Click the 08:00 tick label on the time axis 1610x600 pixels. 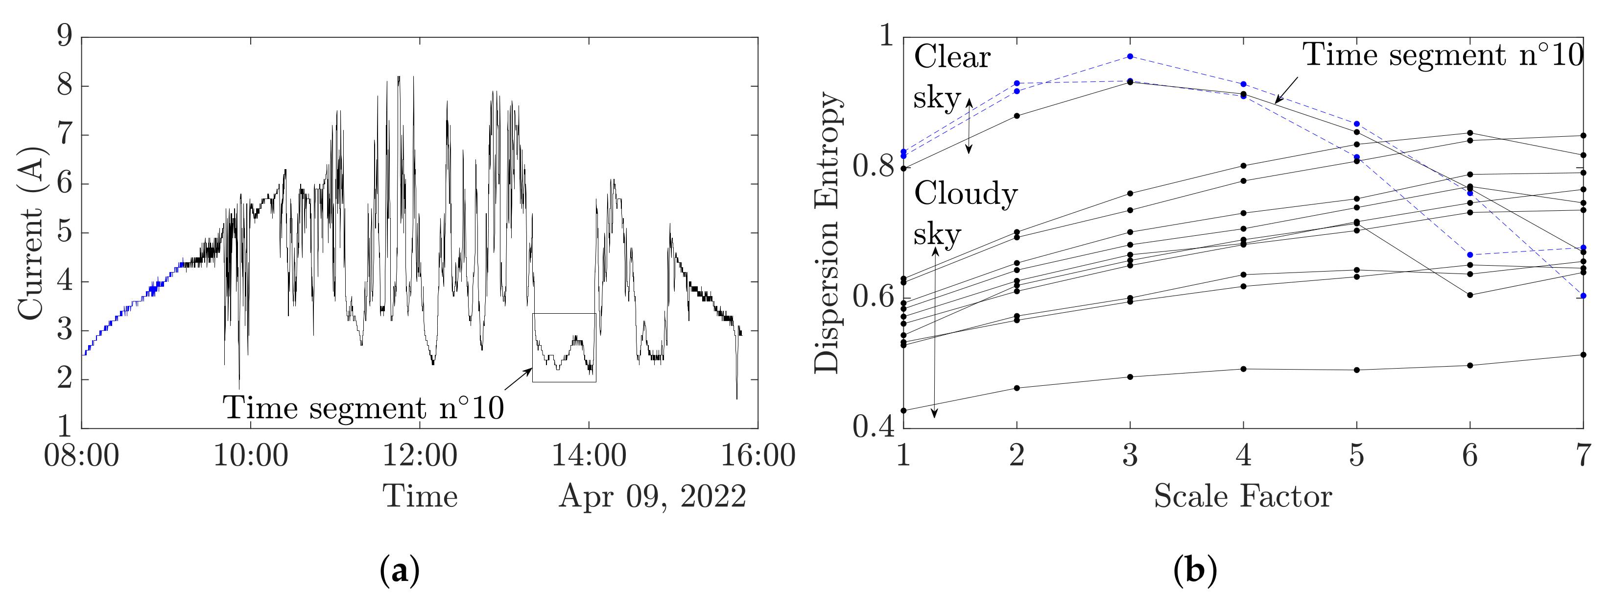click(x=81, y=455)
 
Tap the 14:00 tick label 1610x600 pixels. click(x=588, y=455)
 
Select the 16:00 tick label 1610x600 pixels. click(x=758, y=455)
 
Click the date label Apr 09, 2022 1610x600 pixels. click(x=653, y=497)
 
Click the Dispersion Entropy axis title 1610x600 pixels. click(x=828, y=233)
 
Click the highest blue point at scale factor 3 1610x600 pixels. click(x=1130, y=56)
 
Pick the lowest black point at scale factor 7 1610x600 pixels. click(x=1583, y=355)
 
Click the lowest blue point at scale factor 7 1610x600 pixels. click(x=1583, y=295)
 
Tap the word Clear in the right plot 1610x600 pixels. click(x=952, y=57)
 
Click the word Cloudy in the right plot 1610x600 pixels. click(x=966, y=195)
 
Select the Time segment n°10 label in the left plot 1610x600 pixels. click(x=363, y=408)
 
